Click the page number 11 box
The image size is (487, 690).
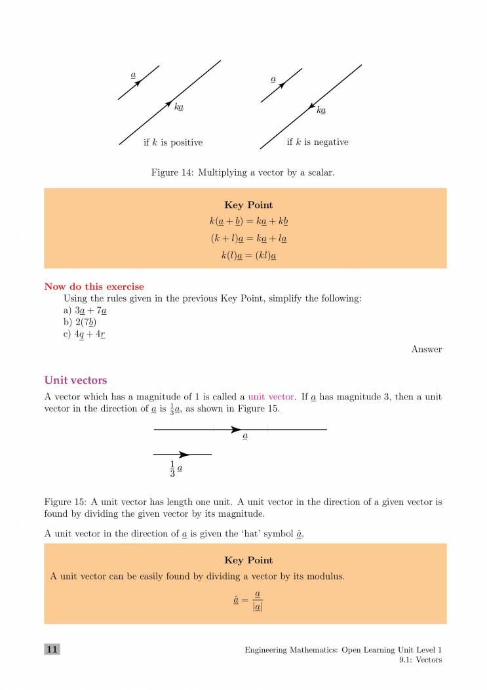click(x=52, y=649)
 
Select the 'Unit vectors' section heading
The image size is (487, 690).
click(x=75, y=380)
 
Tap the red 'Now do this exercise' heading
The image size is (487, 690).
click(x=94, y=287)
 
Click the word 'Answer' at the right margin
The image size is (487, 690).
click(x=426, y=350)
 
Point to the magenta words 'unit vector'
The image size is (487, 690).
click(x=270, y=397)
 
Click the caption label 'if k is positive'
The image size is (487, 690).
click(x=173, y=142)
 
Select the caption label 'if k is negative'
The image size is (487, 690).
click(x=317, y=142)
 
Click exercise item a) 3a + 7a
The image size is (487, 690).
click(x=85, y=310)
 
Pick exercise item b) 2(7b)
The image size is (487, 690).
click(x=81, y=322)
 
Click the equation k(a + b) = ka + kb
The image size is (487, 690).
click(x=248, y=222)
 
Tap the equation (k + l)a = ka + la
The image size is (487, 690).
click(x=248, y=239)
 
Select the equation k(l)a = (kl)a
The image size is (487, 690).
click(x=248, y=256)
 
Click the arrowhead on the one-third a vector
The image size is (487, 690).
click(x=184, y=455)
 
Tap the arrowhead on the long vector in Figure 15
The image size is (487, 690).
click(x=236, y=430)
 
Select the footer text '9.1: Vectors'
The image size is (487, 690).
click(x=420, y=660)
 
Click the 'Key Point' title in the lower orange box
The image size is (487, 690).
click(x=248, y=560)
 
